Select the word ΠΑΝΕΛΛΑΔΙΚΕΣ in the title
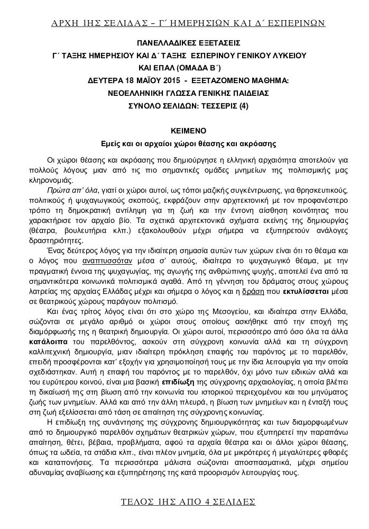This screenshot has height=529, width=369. point(158,43)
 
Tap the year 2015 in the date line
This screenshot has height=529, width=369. point(163,80)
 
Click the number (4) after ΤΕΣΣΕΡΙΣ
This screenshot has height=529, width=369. point(243,106)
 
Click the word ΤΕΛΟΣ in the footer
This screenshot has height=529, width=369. point(136,500)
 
